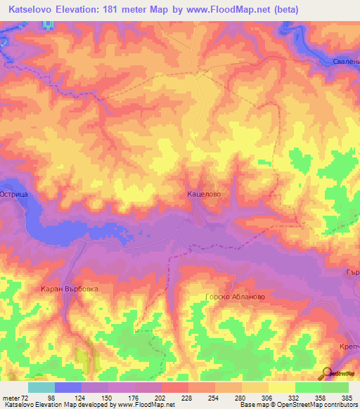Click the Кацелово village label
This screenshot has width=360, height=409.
tap(204, 191)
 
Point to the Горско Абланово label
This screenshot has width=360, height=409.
tap(234, 297)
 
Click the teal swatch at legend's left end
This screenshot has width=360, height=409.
tap(41, 387)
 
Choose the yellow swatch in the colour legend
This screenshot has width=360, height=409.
tap(281, 387)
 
